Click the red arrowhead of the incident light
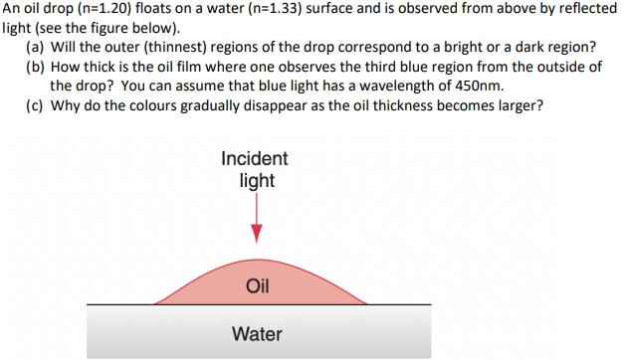[257, 232]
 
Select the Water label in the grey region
[257, 334]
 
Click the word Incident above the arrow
[255, 159]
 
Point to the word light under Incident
[257, 181]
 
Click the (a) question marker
[36, 47]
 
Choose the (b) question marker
[36, 67]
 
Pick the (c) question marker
[36, 105]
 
